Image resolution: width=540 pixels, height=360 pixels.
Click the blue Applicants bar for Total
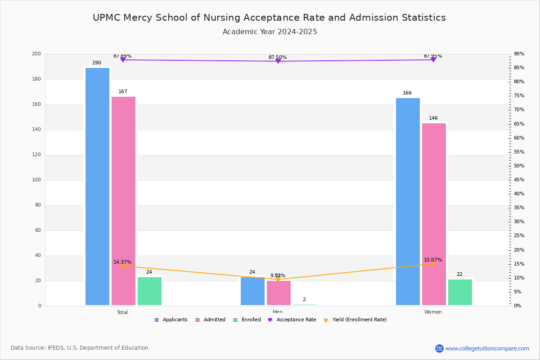pyautogui.click(x=97, y=186)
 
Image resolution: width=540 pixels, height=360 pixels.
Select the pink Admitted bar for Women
pyautogui.click(x=434, y=214)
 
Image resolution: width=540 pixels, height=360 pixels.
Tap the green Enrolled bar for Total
pyautogui.click(x=149, y=291)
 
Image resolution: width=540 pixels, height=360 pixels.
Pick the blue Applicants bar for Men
pyautogui.click(x=252, y=291)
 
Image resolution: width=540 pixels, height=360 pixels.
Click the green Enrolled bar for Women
pyautogui.click(x=460, y=292)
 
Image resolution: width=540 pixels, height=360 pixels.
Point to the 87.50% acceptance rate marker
pyautogui.click(x=278, y=61)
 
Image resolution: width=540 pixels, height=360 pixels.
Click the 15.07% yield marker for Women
pyautogui.click(x=433, y=264)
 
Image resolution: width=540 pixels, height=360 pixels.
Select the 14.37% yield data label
pyautogui.click(x=122, y=262)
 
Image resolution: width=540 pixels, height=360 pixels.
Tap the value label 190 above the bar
pyautogui.click(x=97, y=63)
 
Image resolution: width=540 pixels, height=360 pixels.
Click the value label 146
pyautogui.click(x=433, y=118)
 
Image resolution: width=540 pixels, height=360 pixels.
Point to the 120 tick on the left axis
pyautogui.click(x=36, y=155)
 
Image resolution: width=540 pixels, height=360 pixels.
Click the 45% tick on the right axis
pyautogui.click(x=519, y=180)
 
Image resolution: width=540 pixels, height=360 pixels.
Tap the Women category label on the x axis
pyautogui.click(x=433, y=312)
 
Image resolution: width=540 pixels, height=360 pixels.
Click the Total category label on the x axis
pyautogui.click(x=122, y=312)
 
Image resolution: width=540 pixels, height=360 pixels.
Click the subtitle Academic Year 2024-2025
pyautogui.click(x=270, y=32)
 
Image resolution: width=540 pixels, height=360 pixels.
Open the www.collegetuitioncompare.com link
pyautogui.click(x=487, y=348)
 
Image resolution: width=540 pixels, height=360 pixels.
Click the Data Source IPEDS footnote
pyautogui.click(x=80, y=348)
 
